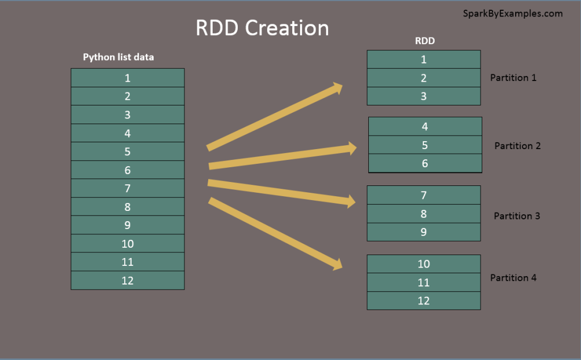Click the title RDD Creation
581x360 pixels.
(x=262, y=28)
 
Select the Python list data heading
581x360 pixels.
(x=119, y=57)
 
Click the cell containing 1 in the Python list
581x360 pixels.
(x=128, y=78)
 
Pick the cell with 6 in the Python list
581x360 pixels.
(x=128, y=170)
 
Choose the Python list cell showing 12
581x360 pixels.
(x=128, y=281)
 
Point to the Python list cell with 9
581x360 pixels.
(x=128, y=225)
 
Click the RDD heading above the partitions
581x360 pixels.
(x=425, y=41)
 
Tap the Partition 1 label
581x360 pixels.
(x=513, y=78)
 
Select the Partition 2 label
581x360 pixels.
(x=517, y=146)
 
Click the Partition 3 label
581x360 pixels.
(x=517, y=216)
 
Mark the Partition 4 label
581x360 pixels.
(x=513, y=278)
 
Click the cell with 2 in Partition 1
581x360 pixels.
(x=424, y=78)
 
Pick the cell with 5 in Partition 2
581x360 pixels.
(x=425, y=145)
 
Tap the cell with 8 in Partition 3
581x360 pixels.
(x=424, y=214)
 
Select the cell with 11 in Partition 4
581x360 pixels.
(x=424, y=282)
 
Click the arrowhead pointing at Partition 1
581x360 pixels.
(x=338, y=88)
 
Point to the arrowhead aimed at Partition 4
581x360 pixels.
(x=337, y=264)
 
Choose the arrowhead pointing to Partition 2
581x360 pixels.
(x=351, y=149)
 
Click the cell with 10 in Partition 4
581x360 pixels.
(x=424, y=264)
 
